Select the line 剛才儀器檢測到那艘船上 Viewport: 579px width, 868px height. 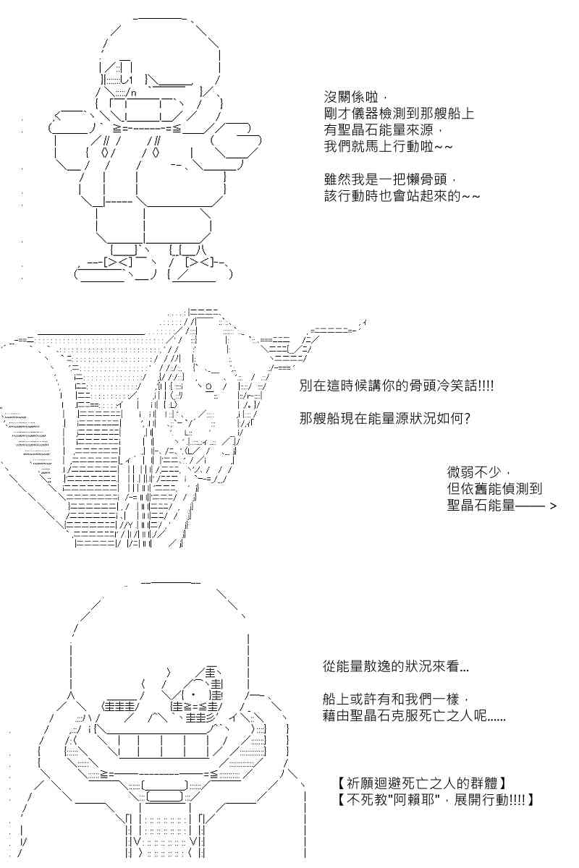tap(399, 114)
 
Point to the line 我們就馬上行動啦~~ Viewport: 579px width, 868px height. tap(388, 146)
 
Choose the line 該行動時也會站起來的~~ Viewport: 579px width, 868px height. tap(402, 196)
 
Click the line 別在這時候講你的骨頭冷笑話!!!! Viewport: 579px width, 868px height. tap(397, 386)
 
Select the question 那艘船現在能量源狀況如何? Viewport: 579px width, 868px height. tap(385, 419)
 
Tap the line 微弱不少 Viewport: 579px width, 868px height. tap(474, 472)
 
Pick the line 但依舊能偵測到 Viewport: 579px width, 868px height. tap(494, 489)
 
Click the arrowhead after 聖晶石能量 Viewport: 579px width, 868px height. tap(553, 506)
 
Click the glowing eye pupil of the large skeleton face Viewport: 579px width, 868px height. tap(193, 693)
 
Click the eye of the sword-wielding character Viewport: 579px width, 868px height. tap(208, 386)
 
